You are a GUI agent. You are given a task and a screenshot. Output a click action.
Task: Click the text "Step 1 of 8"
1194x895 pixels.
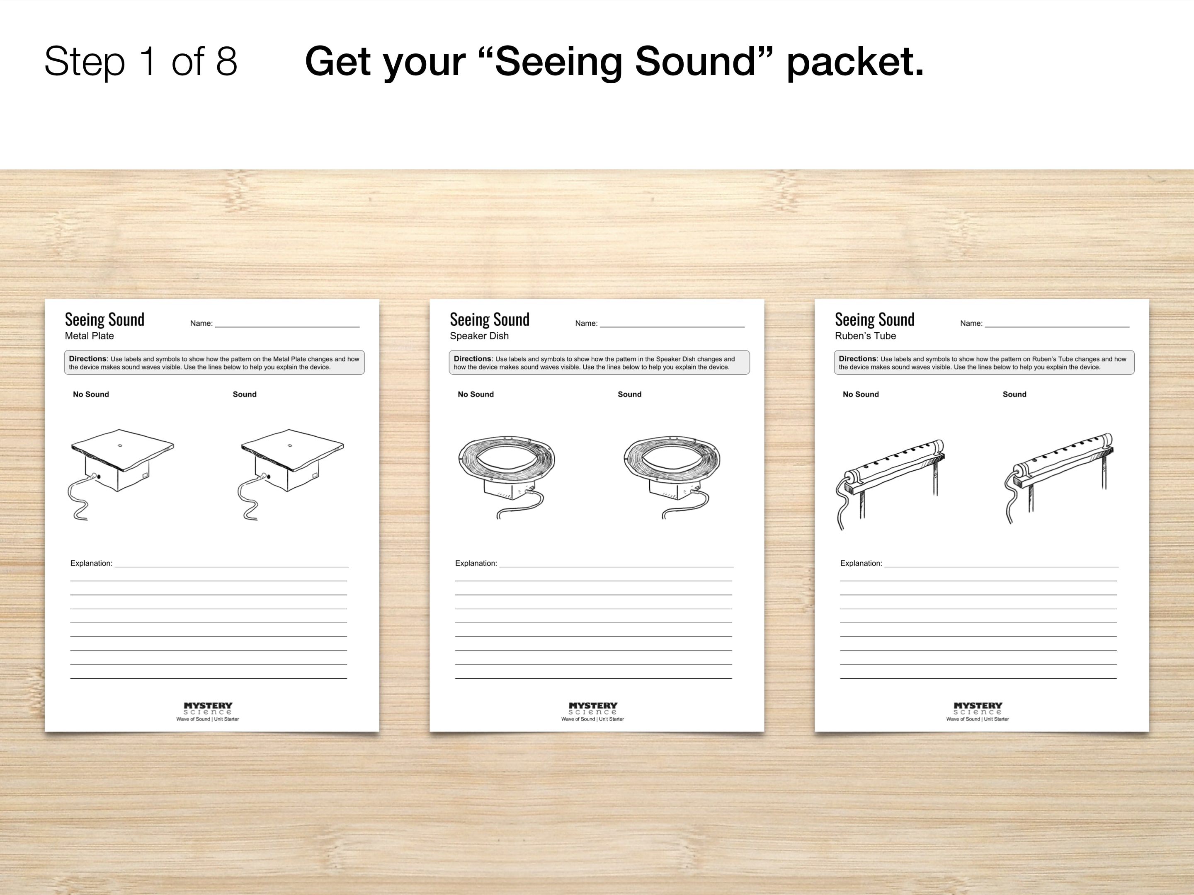[141, 61]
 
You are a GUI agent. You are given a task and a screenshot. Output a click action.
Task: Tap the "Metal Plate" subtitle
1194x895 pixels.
[90, 336]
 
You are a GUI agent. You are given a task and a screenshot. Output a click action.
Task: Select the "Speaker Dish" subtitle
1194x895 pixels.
[479, 336]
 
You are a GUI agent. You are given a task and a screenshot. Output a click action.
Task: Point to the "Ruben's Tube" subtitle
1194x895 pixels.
[865, 336]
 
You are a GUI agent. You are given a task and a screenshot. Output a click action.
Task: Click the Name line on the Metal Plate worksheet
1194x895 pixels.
[287, 327]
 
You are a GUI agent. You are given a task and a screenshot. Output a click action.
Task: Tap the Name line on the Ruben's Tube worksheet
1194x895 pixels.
[1057, 327]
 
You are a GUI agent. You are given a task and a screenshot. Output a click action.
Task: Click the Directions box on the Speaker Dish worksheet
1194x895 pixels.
[599, 363]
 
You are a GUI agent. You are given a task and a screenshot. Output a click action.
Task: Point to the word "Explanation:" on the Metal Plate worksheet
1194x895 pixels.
[91, 563]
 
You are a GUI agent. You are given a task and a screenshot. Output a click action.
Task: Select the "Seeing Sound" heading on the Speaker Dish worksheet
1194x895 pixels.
[490, 319]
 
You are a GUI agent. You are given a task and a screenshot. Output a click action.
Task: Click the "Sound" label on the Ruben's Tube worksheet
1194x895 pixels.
[1014, 394]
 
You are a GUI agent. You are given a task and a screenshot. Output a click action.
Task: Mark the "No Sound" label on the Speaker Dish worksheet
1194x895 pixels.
[476, 394]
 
